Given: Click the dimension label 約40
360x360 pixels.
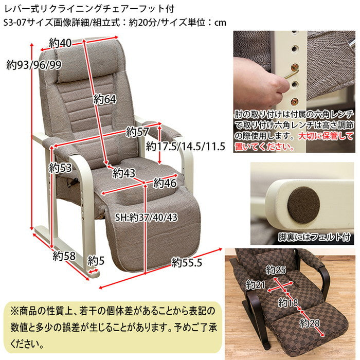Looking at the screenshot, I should click(60, 43).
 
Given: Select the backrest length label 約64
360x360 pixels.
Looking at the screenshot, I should click(104, 99).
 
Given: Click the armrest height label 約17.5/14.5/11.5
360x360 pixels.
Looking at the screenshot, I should click(186, 146).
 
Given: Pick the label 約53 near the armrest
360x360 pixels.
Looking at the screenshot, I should click(60, 167).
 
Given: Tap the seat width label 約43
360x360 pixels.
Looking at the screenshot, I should click(124, 172).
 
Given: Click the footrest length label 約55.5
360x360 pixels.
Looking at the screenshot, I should click(187, 263).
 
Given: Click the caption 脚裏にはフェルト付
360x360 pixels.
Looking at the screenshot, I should click(313, 237).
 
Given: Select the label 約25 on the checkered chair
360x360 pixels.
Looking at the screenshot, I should click(276, 270).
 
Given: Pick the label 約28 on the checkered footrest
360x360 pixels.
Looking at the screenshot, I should click(310, 323).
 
